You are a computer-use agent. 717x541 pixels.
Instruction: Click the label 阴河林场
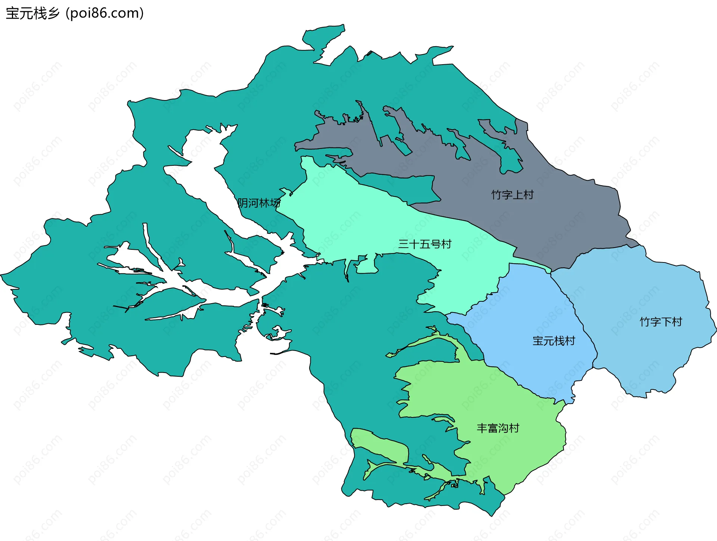coord(259,203)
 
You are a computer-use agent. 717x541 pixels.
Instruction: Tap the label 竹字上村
coord(512,195)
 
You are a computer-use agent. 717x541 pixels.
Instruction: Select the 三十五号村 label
coord(425,244)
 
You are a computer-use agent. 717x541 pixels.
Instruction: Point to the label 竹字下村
coord(661,322)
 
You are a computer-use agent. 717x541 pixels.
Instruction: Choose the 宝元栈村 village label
coord(553,341)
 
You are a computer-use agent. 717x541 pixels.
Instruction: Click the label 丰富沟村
coord(498,428)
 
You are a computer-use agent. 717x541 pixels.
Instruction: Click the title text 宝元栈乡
coord(33,13)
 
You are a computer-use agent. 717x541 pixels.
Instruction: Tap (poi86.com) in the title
coord(105,13)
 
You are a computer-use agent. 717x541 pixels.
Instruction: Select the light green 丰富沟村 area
coord(523,456)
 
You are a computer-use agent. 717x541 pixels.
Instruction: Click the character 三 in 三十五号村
coord(404,244)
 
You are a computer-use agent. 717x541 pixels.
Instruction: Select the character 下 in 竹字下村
coord(666,322)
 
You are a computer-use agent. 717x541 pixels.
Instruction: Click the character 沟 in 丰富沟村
coord(503,428)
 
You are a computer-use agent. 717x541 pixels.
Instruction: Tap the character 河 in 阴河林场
coord(254,203)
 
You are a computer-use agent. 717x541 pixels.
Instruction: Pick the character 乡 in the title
coord(53,13)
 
